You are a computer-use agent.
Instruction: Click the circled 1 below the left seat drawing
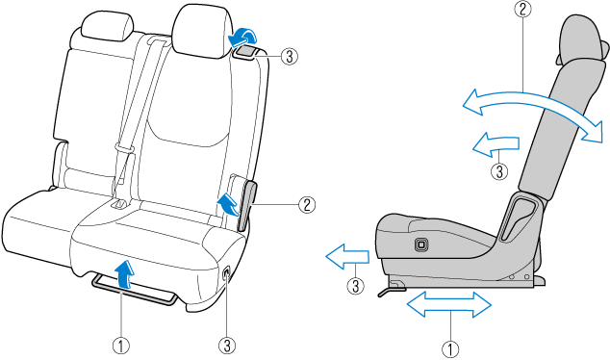[121, 346]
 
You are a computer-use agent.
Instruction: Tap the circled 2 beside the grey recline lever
[307, 204]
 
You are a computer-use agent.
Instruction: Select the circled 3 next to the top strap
[289, 57]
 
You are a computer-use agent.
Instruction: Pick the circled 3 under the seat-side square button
[227, 346]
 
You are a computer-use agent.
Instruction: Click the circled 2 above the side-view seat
[522, 9]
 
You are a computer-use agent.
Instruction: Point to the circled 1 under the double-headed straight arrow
[450, 349]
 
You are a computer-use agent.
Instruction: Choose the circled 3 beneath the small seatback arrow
[499, 171]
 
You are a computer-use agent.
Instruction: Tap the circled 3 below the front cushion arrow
[356, 287]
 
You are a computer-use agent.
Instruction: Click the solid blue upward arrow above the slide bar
[125, 274]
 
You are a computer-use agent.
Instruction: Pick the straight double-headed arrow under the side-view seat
[449, 304]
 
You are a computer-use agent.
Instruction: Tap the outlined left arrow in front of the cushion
[347, 256]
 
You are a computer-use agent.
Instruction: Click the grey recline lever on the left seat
[247, 205]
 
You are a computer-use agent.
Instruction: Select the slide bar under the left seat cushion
[135, 289]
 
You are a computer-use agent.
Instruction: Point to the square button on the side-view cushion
[420, 244]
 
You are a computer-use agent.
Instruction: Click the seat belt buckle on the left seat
[119, 203]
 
